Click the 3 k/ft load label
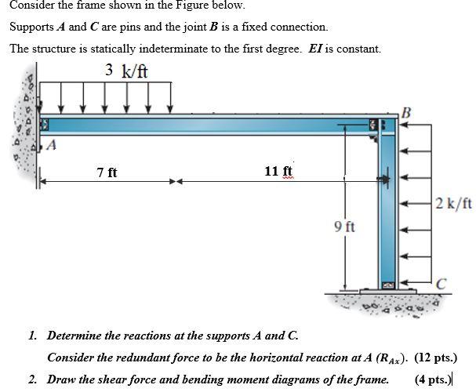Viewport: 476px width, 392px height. coord(126,71)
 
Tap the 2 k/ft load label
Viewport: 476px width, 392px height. coord(454,204)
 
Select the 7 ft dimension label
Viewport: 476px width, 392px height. coord(107,172)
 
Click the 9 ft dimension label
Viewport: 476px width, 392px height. coord(344,227)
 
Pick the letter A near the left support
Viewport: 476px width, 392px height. coord(53,144)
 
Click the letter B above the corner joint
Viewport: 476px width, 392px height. coord(405,111)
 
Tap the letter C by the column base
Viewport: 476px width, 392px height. coord(442,283)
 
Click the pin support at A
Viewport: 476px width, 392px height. coord(44,125)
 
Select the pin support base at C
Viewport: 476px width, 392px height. coord(387,286)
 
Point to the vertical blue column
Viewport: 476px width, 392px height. coord(387,212)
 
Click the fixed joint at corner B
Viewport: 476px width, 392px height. coord(385,125)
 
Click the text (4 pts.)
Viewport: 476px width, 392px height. coord(435,379)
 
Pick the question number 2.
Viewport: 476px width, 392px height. coord(32,379)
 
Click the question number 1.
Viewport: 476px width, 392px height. coord(32,336)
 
